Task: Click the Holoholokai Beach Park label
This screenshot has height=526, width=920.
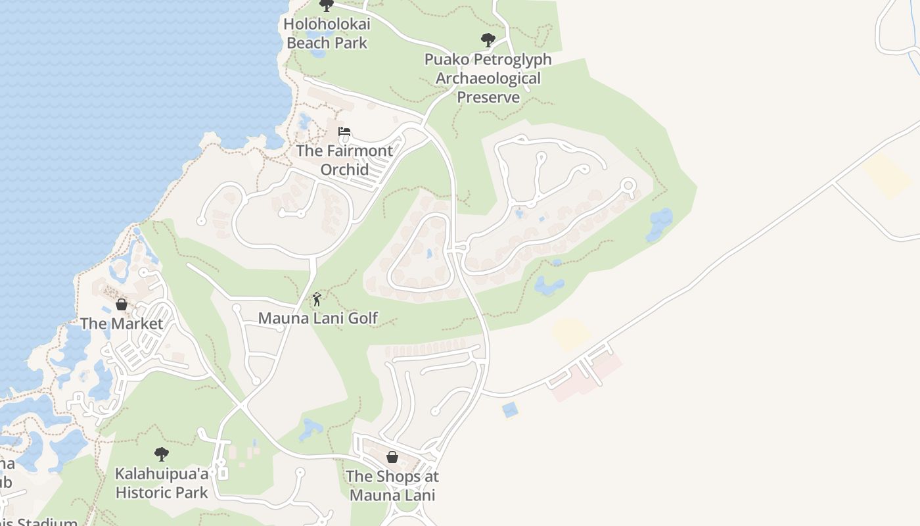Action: tap(327, 34)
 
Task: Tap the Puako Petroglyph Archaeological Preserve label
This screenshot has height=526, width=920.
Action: tap(488, 78)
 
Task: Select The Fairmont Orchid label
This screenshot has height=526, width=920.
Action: tap(344, 160)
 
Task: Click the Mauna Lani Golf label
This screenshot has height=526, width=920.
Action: tap(318, 318)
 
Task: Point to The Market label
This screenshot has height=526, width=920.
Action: tap(122, 323)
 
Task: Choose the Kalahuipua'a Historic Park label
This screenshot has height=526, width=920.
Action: tap(162, 483)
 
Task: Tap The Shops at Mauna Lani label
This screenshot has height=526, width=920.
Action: tap(392, 485)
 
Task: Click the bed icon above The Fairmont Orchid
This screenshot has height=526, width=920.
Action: tap(344, 131)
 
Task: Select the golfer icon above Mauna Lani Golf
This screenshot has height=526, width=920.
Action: tap(317, 299)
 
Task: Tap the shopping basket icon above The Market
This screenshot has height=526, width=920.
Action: tap(122, 304)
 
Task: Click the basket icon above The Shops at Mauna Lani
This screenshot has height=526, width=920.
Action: tap(392, 457)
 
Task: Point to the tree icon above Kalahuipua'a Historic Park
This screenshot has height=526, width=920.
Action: tap(161, 454)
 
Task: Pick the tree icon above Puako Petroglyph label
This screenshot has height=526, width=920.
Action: tap(488, 40)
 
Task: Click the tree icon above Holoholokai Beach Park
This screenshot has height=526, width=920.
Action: tap(326, 5)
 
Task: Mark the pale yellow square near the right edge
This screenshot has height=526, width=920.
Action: tap(888, 176)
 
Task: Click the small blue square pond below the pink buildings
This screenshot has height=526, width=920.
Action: tap(509, 410)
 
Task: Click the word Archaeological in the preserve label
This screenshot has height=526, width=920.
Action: tap(488, 78)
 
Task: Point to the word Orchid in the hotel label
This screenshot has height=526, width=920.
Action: tap(344, 169)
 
